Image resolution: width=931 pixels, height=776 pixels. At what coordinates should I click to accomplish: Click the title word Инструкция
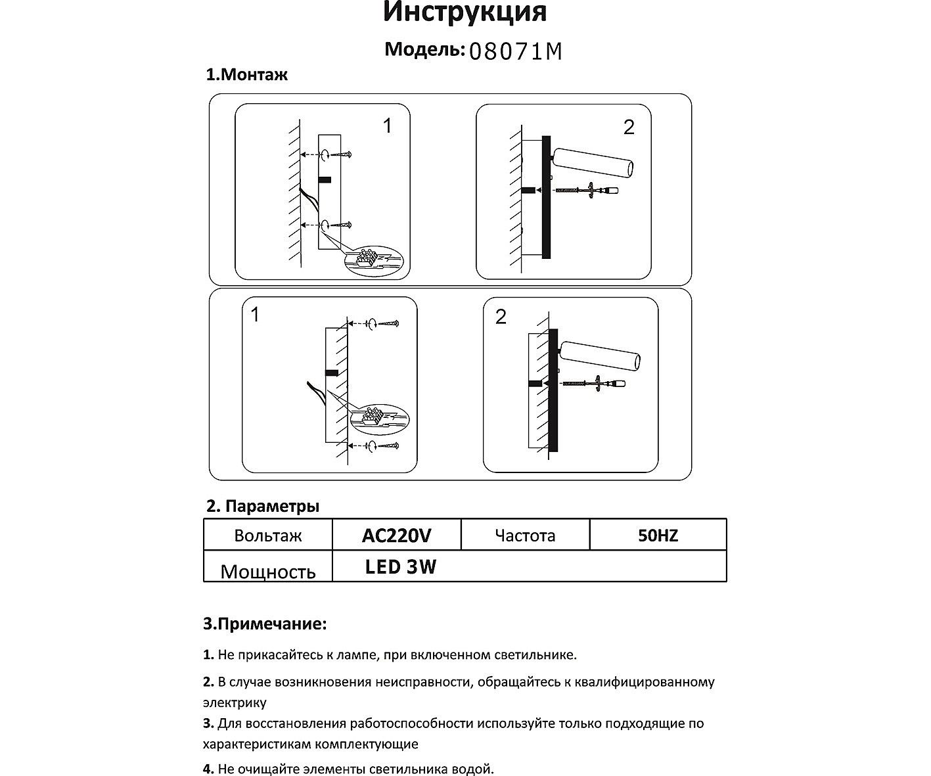(x=465, y=12)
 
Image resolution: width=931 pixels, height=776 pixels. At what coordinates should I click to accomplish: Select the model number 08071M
(x=516, y=51)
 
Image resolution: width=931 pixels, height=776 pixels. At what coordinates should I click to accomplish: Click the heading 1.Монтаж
(x=247, y=75)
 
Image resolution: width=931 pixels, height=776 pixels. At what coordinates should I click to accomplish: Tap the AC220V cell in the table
(x=396, y=536)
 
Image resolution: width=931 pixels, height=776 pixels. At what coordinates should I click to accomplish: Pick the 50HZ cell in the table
(x=658, y=536)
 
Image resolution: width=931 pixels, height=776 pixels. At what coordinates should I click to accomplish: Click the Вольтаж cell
(x=267, y=536)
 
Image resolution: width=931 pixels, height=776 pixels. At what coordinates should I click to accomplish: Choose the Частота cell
(x=525, y=536)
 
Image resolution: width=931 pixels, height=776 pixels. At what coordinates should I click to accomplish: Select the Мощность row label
(x=267, y=571)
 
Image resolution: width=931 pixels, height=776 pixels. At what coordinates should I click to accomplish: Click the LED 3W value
(x=401, y=567)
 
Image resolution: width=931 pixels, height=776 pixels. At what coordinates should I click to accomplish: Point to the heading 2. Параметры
(x=263, y=507)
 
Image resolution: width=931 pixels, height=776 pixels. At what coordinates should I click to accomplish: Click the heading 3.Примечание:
(x=264, y=624)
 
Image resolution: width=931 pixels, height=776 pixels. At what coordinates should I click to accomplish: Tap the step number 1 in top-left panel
(x=388, y=126)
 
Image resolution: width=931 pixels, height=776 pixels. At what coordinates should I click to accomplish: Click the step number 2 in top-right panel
(x=629, y=127)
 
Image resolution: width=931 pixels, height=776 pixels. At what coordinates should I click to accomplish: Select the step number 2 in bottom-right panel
(x=501, y=317)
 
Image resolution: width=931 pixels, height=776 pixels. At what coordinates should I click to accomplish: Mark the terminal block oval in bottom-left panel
(x=379, y=419)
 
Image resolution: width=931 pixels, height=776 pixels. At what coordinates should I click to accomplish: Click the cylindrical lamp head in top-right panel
(x=593, y=162)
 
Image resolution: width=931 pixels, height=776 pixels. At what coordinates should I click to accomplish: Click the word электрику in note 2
(x=235, y=702)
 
